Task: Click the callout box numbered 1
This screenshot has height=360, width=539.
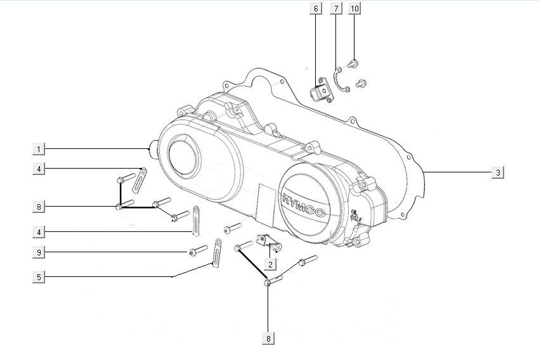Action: coord(38,149)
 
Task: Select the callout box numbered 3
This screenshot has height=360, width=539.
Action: coord(498,172)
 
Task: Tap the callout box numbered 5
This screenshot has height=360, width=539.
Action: coord(38,276)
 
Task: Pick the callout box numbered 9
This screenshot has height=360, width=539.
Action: coord(38,252)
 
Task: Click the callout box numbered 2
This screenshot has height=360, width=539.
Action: coord(270,264)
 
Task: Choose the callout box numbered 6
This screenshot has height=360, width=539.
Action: coord(316,8)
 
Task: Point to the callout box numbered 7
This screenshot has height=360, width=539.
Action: coord(336,8)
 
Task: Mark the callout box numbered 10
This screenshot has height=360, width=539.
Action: coord(354,8)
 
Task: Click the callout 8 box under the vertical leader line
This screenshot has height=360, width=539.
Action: coord(268,338)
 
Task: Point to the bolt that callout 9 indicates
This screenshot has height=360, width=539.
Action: coord(198,250)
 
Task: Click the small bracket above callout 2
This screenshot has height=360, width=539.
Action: coord(269,241)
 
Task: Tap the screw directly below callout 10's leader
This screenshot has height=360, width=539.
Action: coord(354,63)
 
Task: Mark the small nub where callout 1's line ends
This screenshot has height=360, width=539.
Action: coord(151,150)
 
